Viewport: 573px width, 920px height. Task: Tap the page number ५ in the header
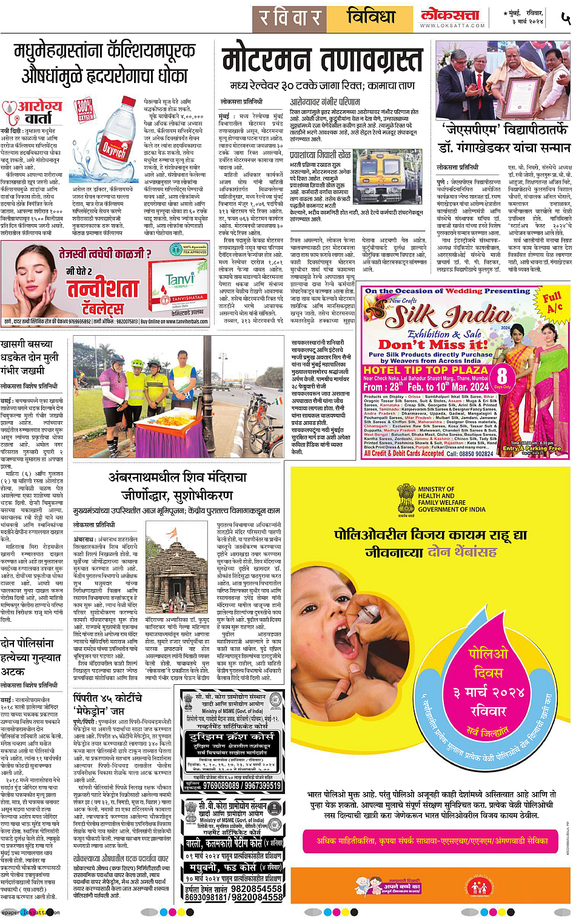565,18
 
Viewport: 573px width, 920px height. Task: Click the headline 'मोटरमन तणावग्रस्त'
321,61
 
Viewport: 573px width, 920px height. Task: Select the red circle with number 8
502,376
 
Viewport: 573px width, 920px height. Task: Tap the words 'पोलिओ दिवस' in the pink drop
488,663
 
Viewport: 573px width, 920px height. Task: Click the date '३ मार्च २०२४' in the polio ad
489,692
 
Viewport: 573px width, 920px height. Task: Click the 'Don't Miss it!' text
433,344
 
